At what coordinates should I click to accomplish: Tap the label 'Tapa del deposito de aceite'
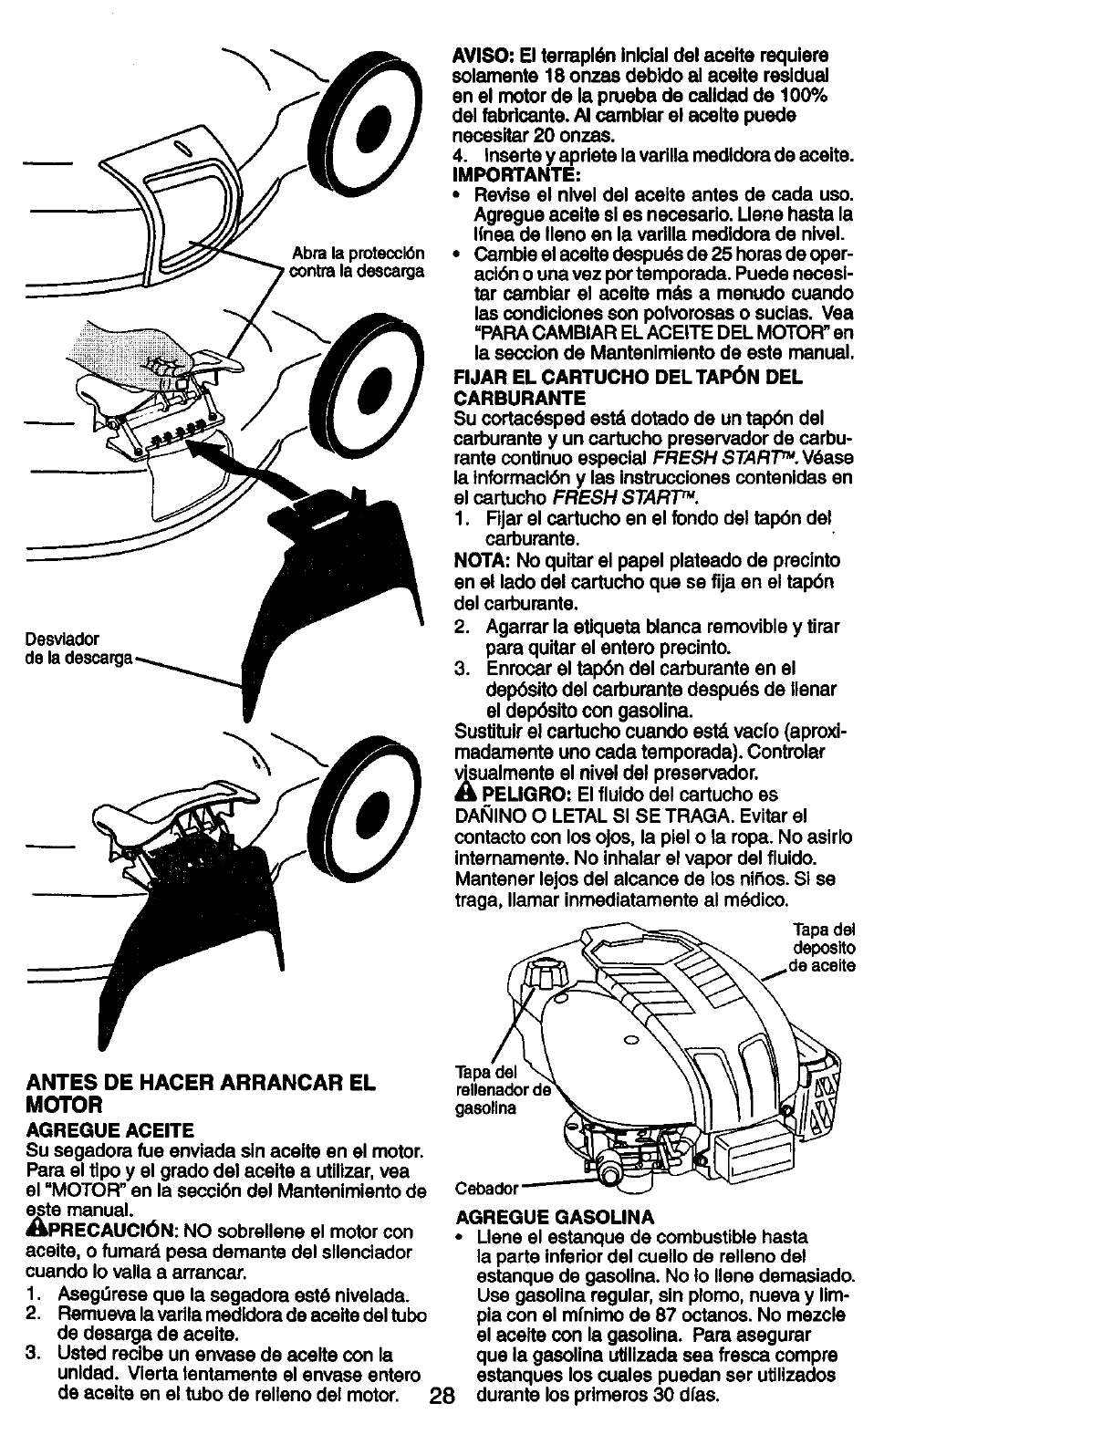pyautogui.click(x=823, y=948)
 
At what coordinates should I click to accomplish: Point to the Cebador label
pyautogui.click(x=486, y=1189)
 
